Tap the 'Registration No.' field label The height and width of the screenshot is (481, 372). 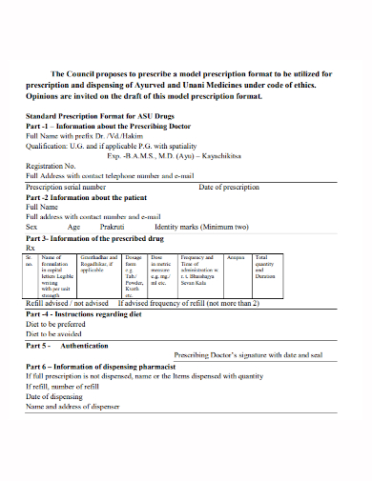coord(52,166)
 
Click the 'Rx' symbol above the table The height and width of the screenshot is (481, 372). coord(31,247)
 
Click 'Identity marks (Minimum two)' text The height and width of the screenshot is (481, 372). coord(201,227)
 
